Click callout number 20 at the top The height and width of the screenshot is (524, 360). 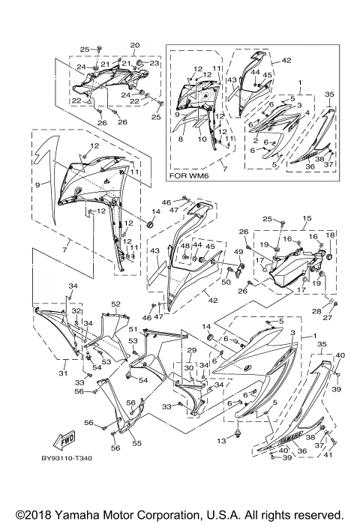click(x=135, y=45)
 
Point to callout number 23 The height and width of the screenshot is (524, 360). click(x=154, y=64)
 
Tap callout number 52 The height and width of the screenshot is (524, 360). click(x=116, y=304)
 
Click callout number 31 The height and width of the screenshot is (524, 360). click(x=64, y=373)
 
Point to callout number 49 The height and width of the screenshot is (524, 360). click(x=239, y=251)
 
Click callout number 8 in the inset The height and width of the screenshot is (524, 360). click(x=181, y=139)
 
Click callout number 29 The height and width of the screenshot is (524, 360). click(x=190, y=350)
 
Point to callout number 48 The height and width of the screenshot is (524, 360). click(x=184, y=246)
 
